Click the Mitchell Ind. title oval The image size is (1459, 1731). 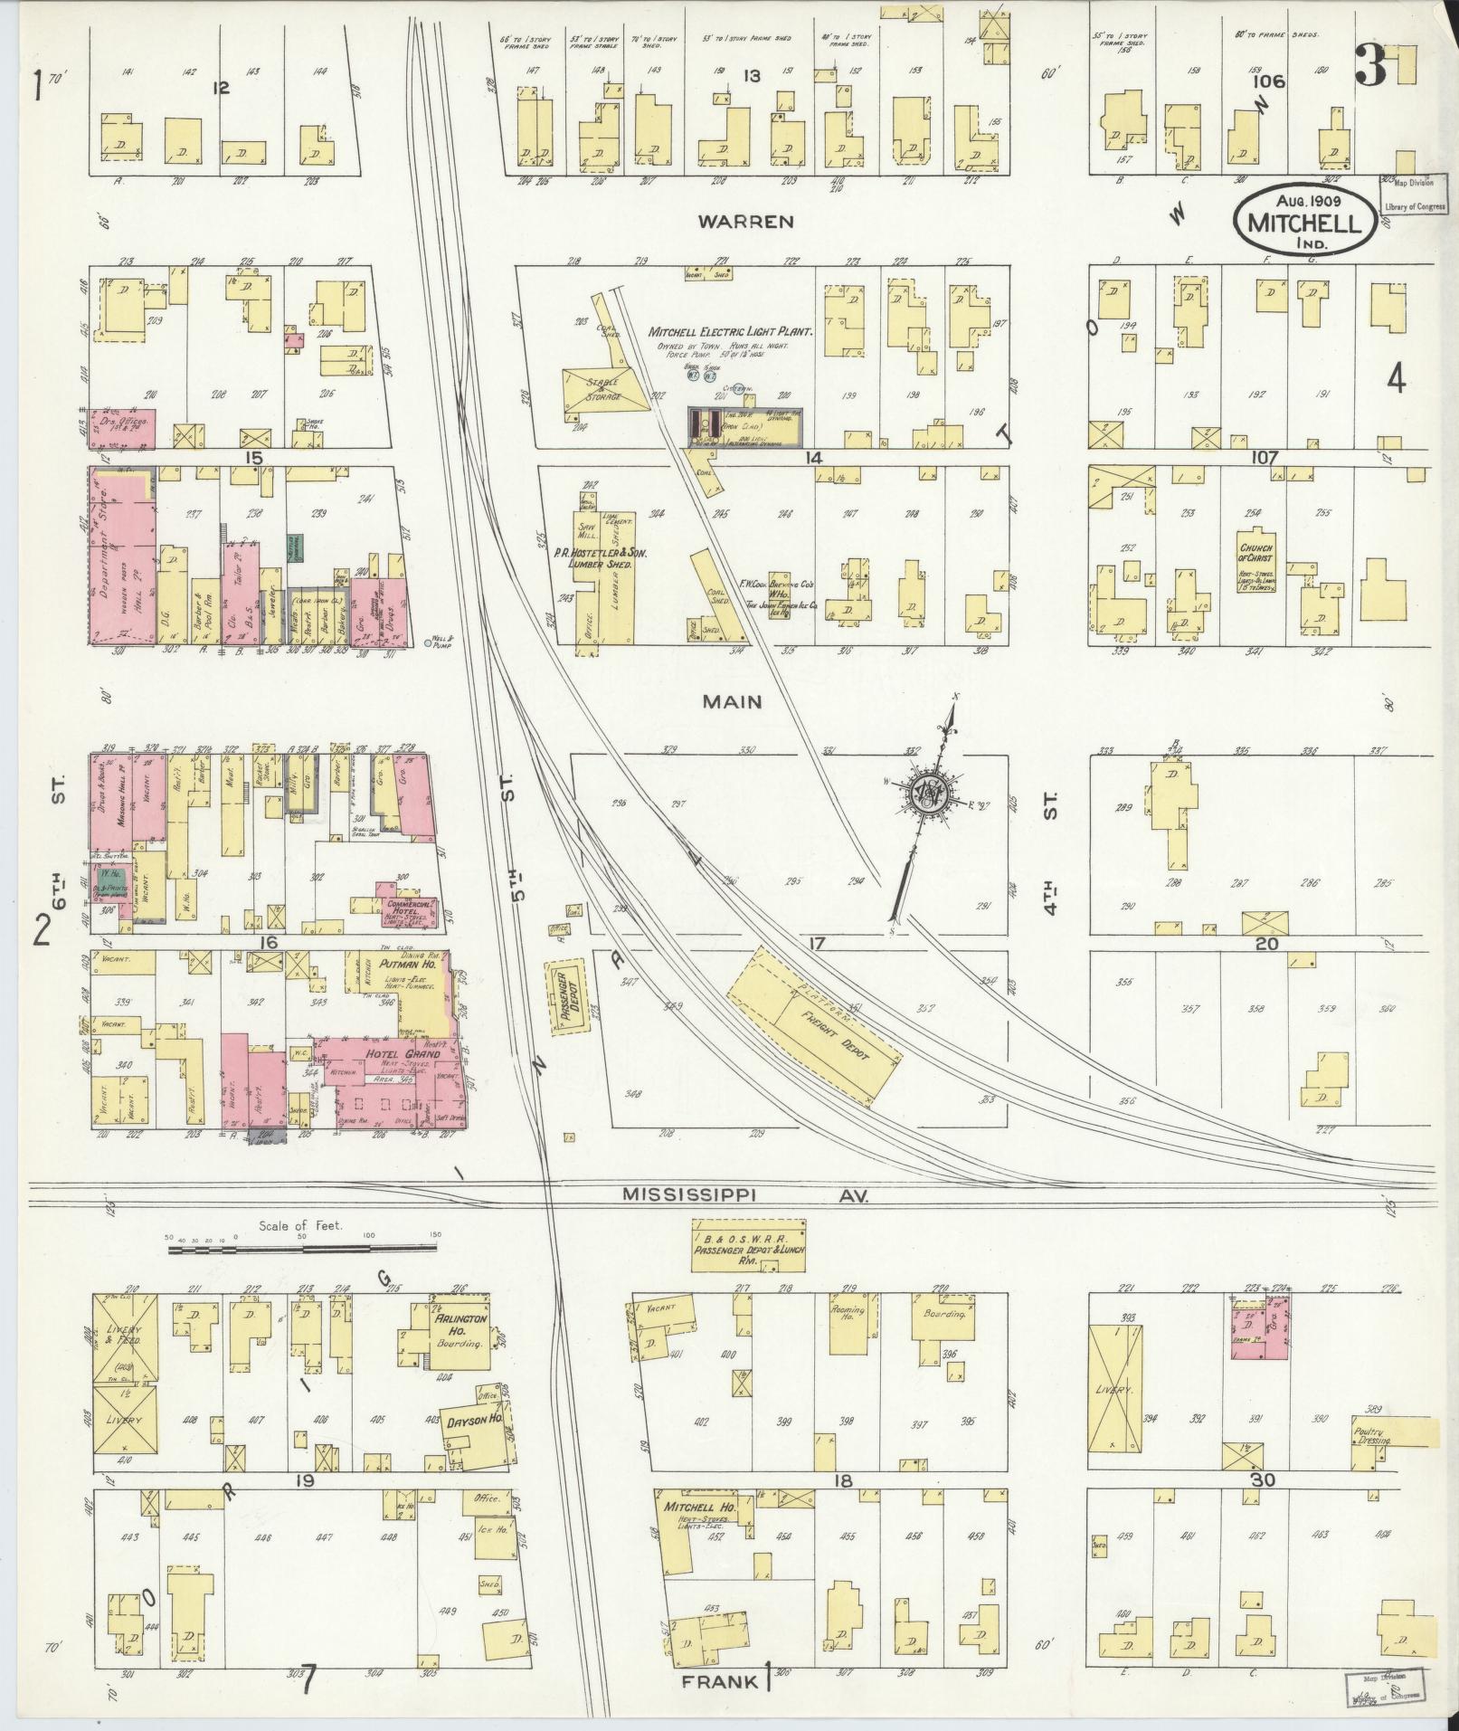1306,214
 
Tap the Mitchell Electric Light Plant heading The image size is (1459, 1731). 731,332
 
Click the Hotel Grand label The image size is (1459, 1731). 403,1054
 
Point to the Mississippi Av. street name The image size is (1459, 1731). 745,1195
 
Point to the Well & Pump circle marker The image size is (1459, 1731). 428,644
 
